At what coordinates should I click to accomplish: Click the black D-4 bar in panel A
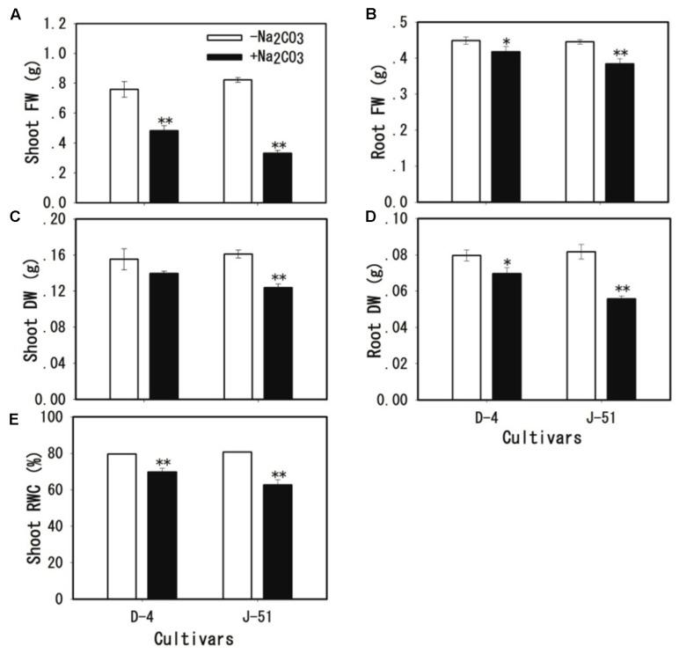click(163, 166)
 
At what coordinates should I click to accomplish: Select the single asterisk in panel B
click(506, 42)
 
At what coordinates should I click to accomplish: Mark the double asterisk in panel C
click(279, 277)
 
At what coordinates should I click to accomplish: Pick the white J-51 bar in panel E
click(238, 525)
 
